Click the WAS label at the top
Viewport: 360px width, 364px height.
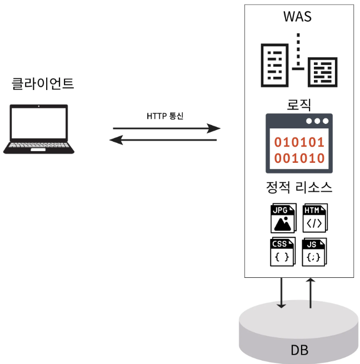tap(298, 17)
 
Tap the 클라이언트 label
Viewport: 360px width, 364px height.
tap(43, 84)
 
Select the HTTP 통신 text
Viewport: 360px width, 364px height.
tap(165, 116)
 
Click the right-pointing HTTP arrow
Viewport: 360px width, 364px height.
tap(166, 128)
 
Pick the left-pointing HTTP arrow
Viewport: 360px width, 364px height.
tap(164, 140)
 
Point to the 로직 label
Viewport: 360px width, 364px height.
tap(298, 104)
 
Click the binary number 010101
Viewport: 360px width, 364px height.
tap(299, 141)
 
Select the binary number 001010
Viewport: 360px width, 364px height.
tap(299, 158)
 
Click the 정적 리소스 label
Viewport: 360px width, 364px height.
tap(299, 187)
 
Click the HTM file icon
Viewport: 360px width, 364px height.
tap(314, 218)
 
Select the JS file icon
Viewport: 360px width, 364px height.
tap(314, 252)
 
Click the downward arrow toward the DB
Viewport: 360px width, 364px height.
tap(282, 292)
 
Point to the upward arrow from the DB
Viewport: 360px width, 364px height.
tap(311, 292)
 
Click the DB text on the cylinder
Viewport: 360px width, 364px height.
tap(299, 350)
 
